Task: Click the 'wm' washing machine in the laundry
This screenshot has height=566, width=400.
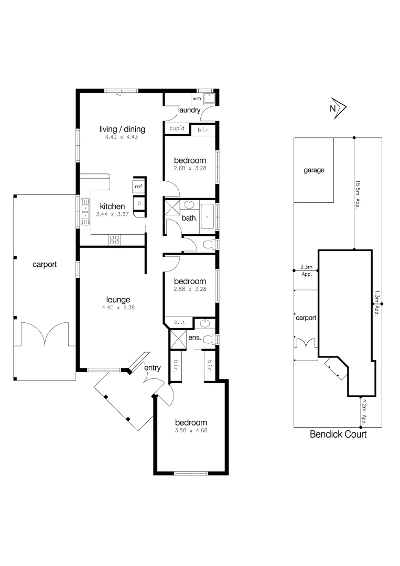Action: tap(197, 99)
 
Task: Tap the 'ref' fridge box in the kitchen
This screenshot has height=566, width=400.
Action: tap(138, 187)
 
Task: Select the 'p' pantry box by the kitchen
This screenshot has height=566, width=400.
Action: tap(138, 202)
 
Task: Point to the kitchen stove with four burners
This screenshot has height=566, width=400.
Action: tap(114, 240)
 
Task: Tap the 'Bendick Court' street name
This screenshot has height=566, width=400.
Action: tap(338, 434)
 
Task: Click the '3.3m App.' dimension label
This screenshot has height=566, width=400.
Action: tap(306, 270)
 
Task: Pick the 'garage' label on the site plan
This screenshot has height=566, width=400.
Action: tap(313, 170)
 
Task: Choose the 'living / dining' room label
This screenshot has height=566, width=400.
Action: tap(122, 129)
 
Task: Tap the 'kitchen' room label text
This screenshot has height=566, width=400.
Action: tap(112, 206)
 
